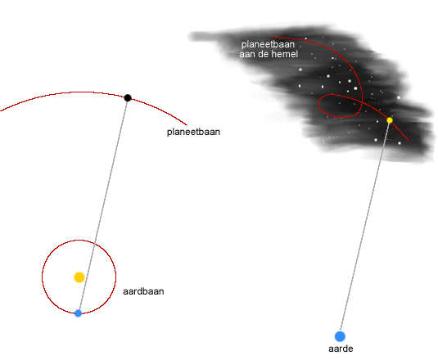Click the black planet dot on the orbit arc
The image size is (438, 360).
point(128,98)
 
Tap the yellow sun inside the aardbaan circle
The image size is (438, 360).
point(79,277)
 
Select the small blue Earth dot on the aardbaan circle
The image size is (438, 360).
point(79,313)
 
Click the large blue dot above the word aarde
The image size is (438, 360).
point(340,336)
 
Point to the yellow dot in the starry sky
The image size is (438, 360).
point(390,120)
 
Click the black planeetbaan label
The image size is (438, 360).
point(193,132)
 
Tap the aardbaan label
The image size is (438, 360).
point(143,291)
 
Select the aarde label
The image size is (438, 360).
point(341,349)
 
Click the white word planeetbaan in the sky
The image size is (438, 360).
point(268,44)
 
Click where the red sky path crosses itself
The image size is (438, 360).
point(361,103)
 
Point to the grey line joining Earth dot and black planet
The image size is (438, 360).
point(103,205)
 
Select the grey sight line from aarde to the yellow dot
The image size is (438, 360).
point(365,228)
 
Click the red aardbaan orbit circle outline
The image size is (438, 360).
point(43,277)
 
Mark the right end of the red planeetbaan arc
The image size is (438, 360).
point(187,124)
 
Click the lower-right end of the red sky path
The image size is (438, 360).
point(408,140)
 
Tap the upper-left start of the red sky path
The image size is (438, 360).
point(270,37)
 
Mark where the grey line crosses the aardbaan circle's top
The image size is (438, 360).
point(95,244)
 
